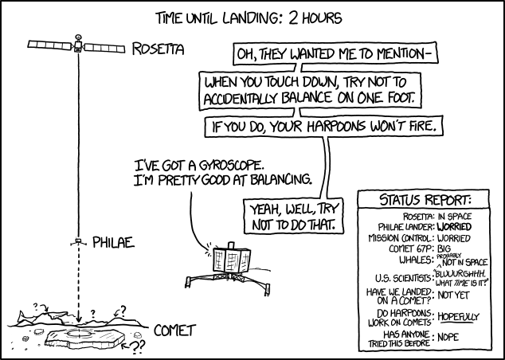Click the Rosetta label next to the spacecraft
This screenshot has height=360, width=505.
click(x=159, y=49)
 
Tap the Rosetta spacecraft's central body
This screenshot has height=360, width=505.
click(x=78, y=45)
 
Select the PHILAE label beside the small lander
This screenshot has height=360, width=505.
click(x=113, y=242)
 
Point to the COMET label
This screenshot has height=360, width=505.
click(x=175, y=331)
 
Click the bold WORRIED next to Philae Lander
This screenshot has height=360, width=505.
click(x=454, y=227)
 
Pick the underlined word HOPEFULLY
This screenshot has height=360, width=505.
click(x=458, y=317)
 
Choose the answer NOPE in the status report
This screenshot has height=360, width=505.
click(x=448, y=337)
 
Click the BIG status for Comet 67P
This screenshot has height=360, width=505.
click(x=444, y=249)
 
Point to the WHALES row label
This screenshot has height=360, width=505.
click(x=417, y=260)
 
